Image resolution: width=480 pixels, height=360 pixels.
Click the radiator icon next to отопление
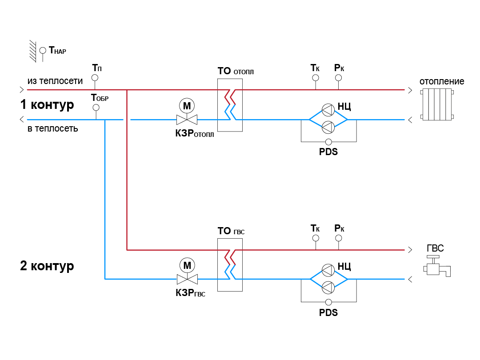point(437,104)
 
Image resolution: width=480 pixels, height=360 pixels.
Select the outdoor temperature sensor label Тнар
point(57,51)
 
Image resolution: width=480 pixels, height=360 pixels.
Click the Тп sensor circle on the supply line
point(95,78)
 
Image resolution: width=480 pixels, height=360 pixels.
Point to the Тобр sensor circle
point(96,107)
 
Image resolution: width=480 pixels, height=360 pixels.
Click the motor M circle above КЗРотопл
point(187,106)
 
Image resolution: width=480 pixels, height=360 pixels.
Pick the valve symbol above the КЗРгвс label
point(187,279)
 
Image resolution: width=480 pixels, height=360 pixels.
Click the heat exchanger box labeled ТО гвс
point(230,264)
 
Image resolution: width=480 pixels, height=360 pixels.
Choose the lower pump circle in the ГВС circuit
point(328,287)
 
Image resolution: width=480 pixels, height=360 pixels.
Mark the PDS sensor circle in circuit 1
point(328,142)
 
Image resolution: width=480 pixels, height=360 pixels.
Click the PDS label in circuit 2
point(328,312)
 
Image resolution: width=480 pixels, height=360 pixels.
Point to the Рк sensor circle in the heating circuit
point(339,78)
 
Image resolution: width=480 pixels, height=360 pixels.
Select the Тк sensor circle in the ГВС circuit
point(316,238)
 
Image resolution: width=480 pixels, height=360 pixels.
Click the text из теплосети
point(55,81)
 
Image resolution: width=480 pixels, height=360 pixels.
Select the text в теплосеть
point(52,129)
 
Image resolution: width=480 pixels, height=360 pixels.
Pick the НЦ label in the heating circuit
point(344,106)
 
